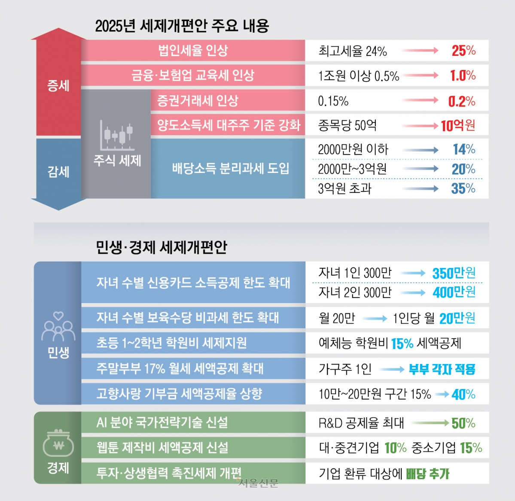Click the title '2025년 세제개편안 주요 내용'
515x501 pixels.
click(x=182, y=26)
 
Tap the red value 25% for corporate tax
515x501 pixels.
click(x=463, y=51)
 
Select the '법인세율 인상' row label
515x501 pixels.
click(x=193, y=51)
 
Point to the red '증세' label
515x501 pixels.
click(x=58, y=85)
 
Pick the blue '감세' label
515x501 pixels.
click(x=58, y=172)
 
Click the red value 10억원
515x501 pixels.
click(x=458, y=126)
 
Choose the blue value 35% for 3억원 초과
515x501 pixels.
click(x=463, y=188)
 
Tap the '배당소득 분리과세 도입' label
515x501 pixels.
click(x=230, y=168)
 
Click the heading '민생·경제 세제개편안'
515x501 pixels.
click(x=161, y=247)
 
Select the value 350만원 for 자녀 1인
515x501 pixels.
click(x=454, y=273)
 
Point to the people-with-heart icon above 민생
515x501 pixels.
click(x=58, y=326)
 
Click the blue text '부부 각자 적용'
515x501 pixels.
click(x=442, y=369)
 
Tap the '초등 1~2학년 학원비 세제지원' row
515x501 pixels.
click(x=171, y=343)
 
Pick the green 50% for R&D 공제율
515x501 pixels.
click(x=463, y=423)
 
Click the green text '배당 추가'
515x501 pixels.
click(x=427, y=474)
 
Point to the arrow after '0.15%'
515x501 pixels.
click(x=421, y=101)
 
